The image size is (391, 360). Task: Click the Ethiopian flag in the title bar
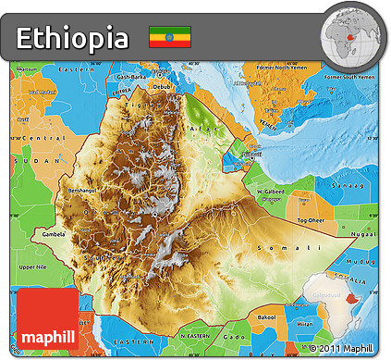click(x=170, y=38)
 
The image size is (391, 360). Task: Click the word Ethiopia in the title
click(x=73, y=39)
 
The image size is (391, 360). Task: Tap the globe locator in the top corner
click(x=352, y=32)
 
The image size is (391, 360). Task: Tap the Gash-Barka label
click(x=132, y=77)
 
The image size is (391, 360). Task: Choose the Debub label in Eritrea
click(x=162, y=87)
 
